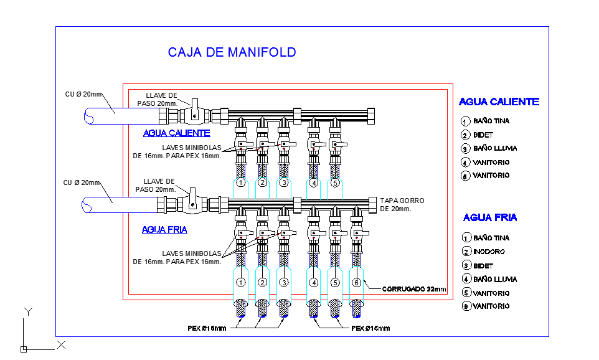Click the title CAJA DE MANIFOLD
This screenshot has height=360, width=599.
point(232,52)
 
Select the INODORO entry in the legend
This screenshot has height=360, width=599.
point(488,252)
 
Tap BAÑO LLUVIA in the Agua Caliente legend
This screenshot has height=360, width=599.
point(494,148)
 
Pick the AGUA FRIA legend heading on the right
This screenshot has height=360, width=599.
point(489,217)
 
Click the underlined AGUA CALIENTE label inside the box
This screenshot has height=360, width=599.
point(176,133)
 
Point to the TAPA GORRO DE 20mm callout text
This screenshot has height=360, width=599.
point(402,205)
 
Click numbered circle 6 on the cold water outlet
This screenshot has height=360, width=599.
point(356,283)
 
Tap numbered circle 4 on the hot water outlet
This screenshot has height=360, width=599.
point(314,183)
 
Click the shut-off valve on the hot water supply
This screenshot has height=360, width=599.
point(194,113)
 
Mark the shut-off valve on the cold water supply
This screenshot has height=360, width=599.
point(193,202)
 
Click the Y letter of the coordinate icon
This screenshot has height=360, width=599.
point(27,311)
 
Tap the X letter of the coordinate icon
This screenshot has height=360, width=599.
point(62,344)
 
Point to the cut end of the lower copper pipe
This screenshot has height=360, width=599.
point(87,205)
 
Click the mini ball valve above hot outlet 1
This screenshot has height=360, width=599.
point(241,146)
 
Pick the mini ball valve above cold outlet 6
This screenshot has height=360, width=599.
point(356,234)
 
